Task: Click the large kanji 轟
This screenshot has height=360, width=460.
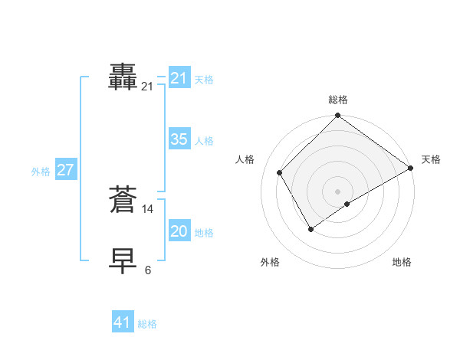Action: coord(123,77)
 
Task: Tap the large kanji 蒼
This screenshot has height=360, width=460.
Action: coord(123,200)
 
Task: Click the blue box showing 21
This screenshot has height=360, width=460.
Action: coord(179,78)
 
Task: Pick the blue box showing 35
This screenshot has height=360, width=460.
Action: coord(179,139)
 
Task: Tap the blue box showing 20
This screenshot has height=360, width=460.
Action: coord(179,231)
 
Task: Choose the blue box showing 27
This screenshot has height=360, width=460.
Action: coord(65,170)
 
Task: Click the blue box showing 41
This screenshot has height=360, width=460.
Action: coord(123,322)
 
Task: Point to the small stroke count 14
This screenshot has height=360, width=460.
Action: coord(148,208)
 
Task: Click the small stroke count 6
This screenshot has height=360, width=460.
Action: coord(148,270)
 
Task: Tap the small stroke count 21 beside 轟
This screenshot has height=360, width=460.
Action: coord(147,87)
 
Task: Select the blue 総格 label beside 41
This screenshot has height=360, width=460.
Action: coord(147,324)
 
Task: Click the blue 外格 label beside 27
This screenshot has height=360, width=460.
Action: coord(41,172)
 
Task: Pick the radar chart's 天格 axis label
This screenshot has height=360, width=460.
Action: coord(431,159)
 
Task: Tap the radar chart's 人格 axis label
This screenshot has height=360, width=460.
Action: coord(245,159)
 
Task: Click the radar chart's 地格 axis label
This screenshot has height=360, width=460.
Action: coord(402,262)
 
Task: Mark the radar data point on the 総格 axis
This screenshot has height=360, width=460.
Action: coord(337,116)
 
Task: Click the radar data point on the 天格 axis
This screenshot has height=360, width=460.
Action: coord(410,168)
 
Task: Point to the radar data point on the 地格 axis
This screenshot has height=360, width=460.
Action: coord(347,204)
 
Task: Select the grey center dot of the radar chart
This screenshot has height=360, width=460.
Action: coord(337,191)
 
